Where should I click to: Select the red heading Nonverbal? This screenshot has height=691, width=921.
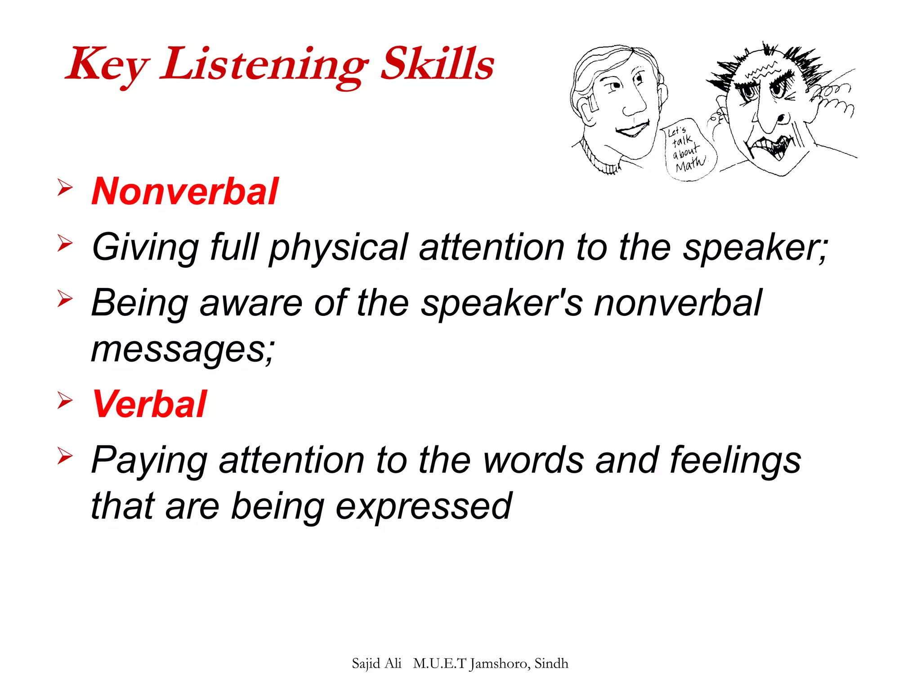[185, 191]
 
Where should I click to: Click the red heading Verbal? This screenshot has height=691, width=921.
[149, 404]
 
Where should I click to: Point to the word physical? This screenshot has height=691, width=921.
[339, 247]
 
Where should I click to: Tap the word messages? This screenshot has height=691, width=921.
[183, 350]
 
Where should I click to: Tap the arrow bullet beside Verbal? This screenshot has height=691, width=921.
[65, 400]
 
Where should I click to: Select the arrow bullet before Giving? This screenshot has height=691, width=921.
[65, 243]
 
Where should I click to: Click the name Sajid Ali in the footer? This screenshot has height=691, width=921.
[376, 664]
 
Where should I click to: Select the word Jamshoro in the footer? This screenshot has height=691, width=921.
[500, 664]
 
